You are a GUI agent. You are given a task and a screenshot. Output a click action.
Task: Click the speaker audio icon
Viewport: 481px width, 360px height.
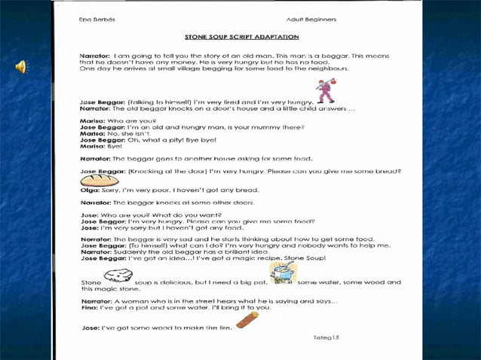(20, 68)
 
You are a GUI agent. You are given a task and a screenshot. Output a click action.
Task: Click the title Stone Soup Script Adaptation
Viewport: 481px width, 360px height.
(242, 36)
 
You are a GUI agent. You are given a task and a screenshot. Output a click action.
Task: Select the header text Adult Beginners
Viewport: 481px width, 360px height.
(311, 19)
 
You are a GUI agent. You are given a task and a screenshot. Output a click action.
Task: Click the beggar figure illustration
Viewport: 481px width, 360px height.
(325, 91)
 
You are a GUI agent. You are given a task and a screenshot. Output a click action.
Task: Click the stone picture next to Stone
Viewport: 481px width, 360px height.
(118, 276)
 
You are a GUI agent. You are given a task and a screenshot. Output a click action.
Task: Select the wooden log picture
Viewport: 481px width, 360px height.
(247, 319)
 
